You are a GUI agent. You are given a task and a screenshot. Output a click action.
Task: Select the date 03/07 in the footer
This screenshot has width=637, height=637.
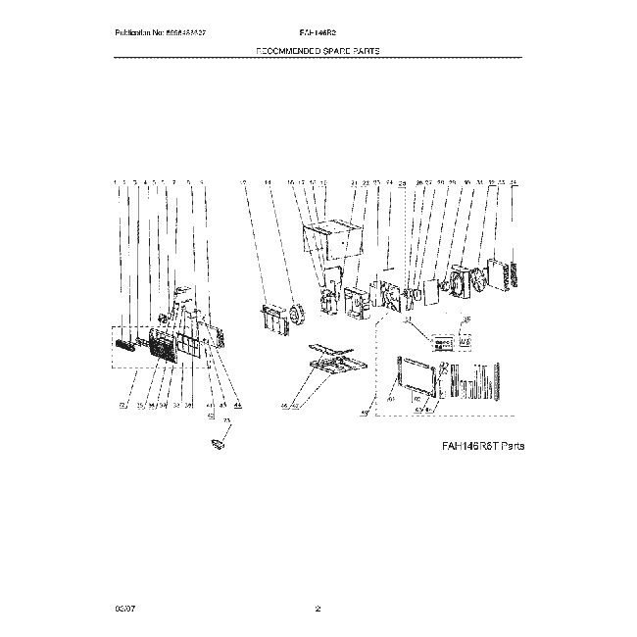pos(122,610)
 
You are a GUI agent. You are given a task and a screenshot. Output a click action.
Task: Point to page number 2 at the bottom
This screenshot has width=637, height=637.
pos(318,610)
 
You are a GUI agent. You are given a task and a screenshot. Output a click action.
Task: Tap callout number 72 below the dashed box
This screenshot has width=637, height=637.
pos(122,404)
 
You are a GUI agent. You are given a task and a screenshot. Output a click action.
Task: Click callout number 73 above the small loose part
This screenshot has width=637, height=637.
pos(227,419)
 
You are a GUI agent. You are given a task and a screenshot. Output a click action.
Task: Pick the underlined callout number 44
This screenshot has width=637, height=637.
pos(237,404)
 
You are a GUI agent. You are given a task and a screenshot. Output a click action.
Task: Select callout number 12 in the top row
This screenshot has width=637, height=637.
pos(243,182)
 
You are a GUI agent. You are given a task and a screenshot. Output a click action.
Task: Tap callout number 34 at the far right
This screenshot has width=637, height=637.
pos(514,182)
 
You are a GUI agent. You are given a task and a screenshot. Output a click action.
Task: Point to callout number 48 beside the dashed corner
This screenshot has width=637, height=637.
pos(365,414)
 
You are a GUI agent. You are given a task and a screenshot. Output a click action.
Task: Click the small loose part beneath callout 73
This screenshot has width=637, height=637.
pos(219,444)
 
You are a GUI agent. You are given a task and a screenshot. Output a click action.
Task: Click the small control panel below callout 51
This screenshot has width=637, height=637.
pos(441,343)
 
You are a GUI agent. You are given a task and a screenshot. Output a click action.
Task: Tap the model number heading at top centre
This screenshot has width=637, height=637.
pos(318,31)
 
